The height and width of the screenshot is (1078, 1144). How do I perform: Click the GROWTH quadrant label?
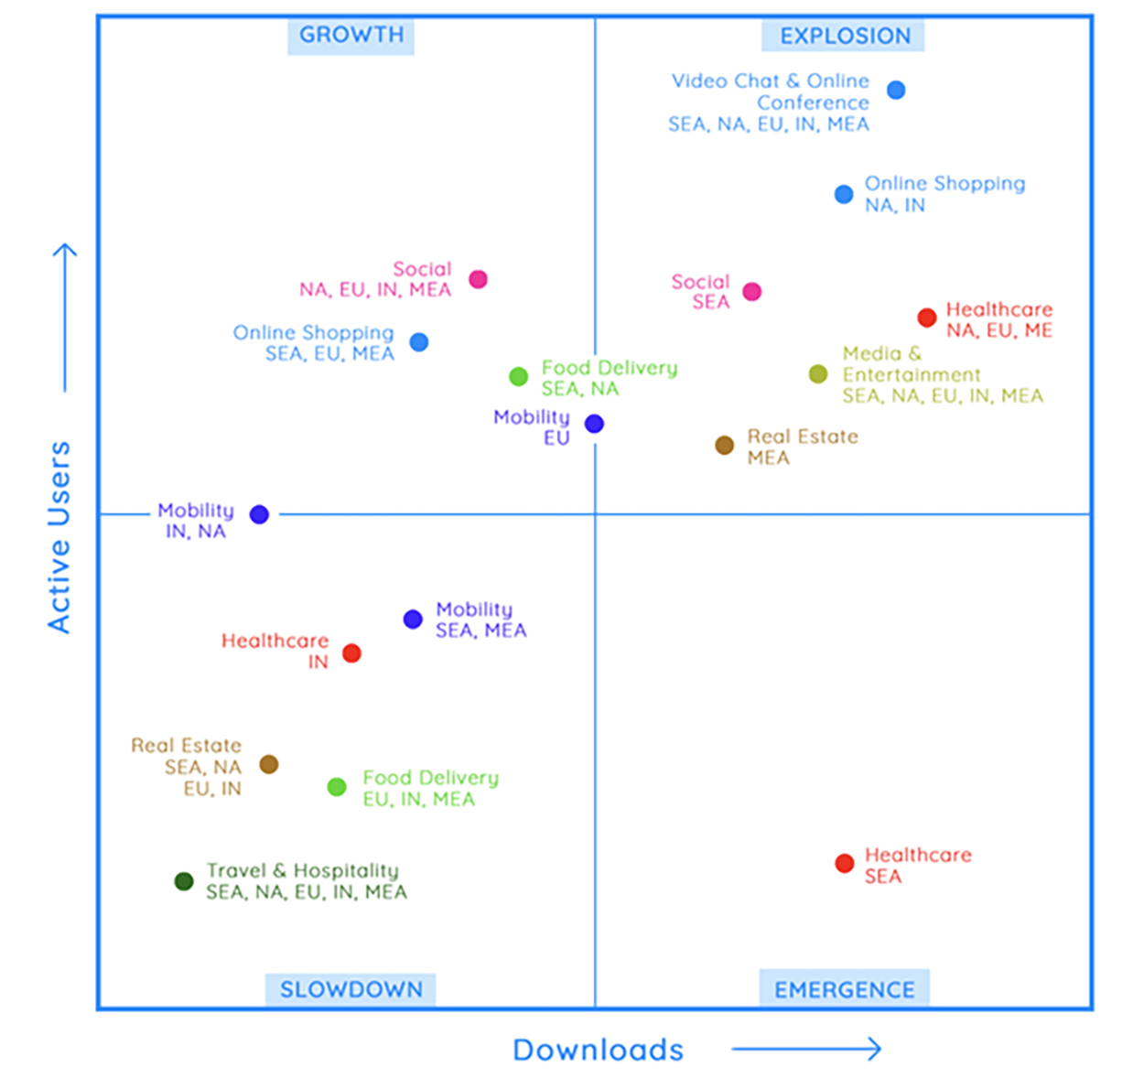coord(351,36)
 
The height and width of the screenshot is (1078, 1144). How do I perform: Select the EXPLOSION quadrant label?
coord(844,37)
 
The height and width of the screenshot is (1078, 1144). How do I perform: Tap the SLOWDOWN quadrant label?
coord(351,989)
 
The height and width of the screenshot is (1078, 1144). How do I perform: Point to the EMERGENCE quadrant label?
coord(844,989)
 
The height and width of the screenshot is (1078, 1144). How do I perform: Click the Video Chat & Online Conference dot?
coord(896,90)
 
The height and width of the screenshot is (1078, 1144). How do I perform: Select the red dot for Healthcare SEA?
coord(844,863)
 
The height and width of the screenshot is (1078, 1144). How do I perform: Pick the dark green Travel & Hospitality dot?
coord(184,881)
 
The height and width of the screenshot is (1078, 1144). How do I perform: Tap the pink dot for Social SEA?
coord(751,292)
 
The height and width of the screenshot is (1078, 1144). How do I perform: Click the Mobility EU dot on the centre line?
coord(594,424)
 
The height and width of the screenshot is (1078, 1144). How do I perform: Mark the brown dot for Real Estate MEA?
coord(724,446)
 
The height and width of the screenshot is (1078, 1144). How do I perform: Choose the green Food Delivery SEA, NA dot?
coord(518,376)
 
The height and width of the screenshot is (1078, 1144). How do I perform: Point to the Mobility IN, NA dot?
coord(259,514)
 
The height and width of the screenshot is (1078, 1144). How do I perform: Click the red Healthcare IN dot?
coord(351,653)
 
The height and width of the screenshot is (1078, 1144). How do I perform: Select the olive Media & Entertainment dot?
coord(818,374)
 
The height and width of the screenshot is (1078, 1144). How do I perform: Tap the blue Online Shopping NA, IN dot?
coord(844,194)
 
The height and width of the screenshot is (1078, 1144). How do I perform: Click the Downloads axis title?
coord(598,1050)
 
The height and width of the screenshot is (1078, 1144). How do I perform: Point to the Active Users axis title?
coord(59,537)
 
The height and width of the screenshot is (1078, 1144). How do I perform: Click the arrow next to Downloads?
coord(806,1049)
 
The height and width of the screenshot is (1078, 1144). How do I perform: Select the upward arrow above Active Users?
coord(64,317)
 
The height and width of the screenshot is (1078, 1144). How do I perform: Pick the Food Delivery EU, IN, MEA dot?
coord(337,787)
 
